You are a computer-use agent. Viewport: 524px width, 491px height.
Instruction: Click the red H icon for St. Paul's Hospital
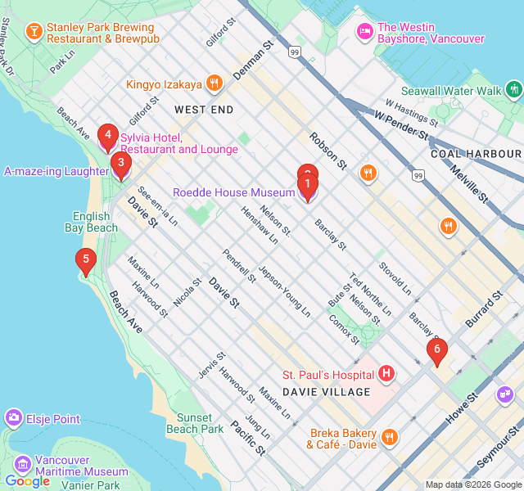pyautogui.click(x=386, y=374)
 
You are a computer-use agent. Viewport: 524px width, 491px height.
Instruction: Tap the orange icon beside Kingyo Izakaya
pyautogui.click(x=214, y=84)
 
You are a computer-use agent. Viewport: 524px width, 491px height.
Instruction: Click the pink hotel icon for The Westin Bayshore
pyautogui.click(x=364, y=32)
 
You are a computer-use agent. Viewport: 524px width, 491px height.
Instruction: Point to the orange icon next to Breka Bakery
pyautogui.click(x=389, y=438)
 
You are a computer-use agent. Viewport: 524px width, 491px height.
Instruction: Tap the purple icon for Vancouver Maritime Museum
pyautogui.click(x=22, y=465)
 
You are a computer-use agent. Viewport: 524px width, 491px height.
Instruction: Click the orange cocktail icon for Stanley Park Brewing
pyautogui.click(x=34, y=32)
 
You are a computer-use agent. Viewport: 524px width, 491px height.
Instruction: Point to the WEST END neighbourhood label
pyautogui.click(x=204, y=110)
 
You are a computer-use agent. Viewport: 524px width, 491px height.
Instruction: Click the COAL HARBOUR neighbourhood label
pyautogui.click(x=476, y=154)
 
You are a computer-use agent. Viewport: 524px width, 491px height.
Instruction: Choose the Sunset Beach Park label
pyautogui.click(x=195, y=422)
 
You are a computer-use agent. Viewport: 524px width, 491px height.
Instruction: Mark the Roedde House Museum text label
pyautogui.click(x=233, y=193)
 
